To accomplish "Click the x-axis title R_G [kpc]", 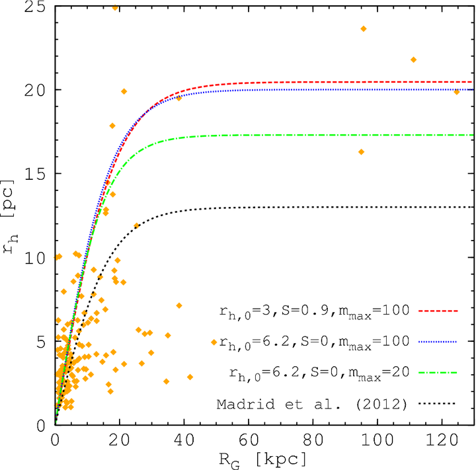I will click(264, 457).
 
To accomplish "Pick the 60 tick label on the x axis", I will click(249, 439).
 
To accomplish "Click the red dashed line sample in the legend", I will click(439, 309).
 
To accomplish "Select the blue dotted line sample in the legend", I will click(439, 341).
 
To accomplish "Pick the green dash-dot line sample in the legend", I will click(439, 373).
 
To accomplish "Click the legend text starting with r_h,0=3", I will click(316, 310).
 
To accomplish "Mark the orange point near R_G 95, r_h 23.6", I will click(363, 28).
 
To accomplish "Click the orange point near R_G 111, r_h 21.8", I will click(413, 59).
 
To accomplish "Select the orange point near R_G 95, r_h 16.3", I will click(361, 151).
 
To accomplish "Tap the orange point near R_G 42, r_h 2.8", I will click(190, 377).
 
